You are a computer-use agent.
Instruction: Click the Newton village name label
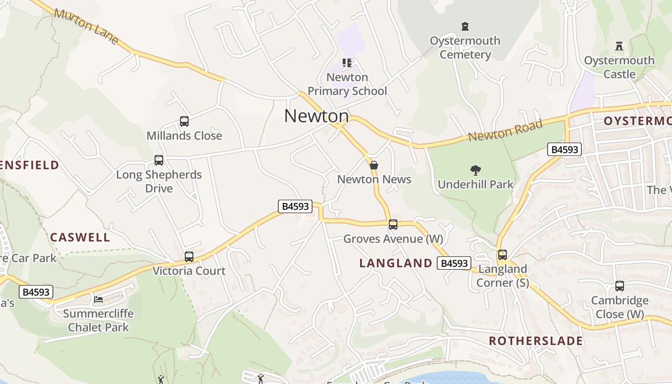[x=316, y=116]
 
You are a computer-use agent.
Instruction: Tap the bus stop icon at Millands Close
[x=184, y=121]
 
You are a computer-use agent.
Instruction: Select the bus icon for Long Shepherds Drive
[x=159, y=160]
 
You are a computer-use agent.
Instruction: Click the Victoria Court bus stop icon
[x=189, y=257]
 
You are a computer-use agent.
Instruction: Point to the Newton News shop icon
[x=374, y=165]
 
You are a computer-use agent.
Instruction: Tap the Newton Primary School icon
[x=347, y=63]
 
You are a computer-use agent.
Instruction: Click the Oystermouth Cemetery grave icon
[x=465, y=26]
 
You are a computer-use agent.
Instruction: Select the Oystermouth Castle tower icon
[x=619, y=47]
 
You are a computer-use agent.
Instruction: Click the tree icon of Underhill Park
[x=476, y=170]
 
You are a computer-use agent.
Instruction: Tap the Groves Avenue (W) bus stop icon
[x=393, y=224]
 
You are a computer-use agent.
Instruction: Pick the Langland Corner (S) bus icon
[x=503, y=255]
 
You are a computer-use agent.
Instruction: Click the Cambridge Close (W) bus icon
[x=620, y=286]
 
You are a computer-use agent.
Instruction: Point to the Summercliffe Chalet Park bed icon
[x=98, y=299]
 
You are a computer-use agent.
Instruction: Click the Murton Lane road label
[x=86, y=26]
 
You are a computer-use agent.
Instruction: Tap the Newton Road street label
[x=505, y=131]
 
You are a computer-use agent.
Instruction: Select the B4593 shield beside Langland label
[x=454, y=263]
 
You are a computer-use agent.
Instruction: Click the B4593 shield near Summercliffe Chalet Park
[x=36, y=292]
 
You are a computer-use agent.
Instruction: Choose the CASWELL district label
[x=80, y=237]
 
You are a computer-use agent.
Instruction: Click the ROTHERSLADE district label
[x=536, y=341]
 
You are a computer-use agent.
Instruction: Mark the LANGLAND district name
[x=396, y=263]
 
